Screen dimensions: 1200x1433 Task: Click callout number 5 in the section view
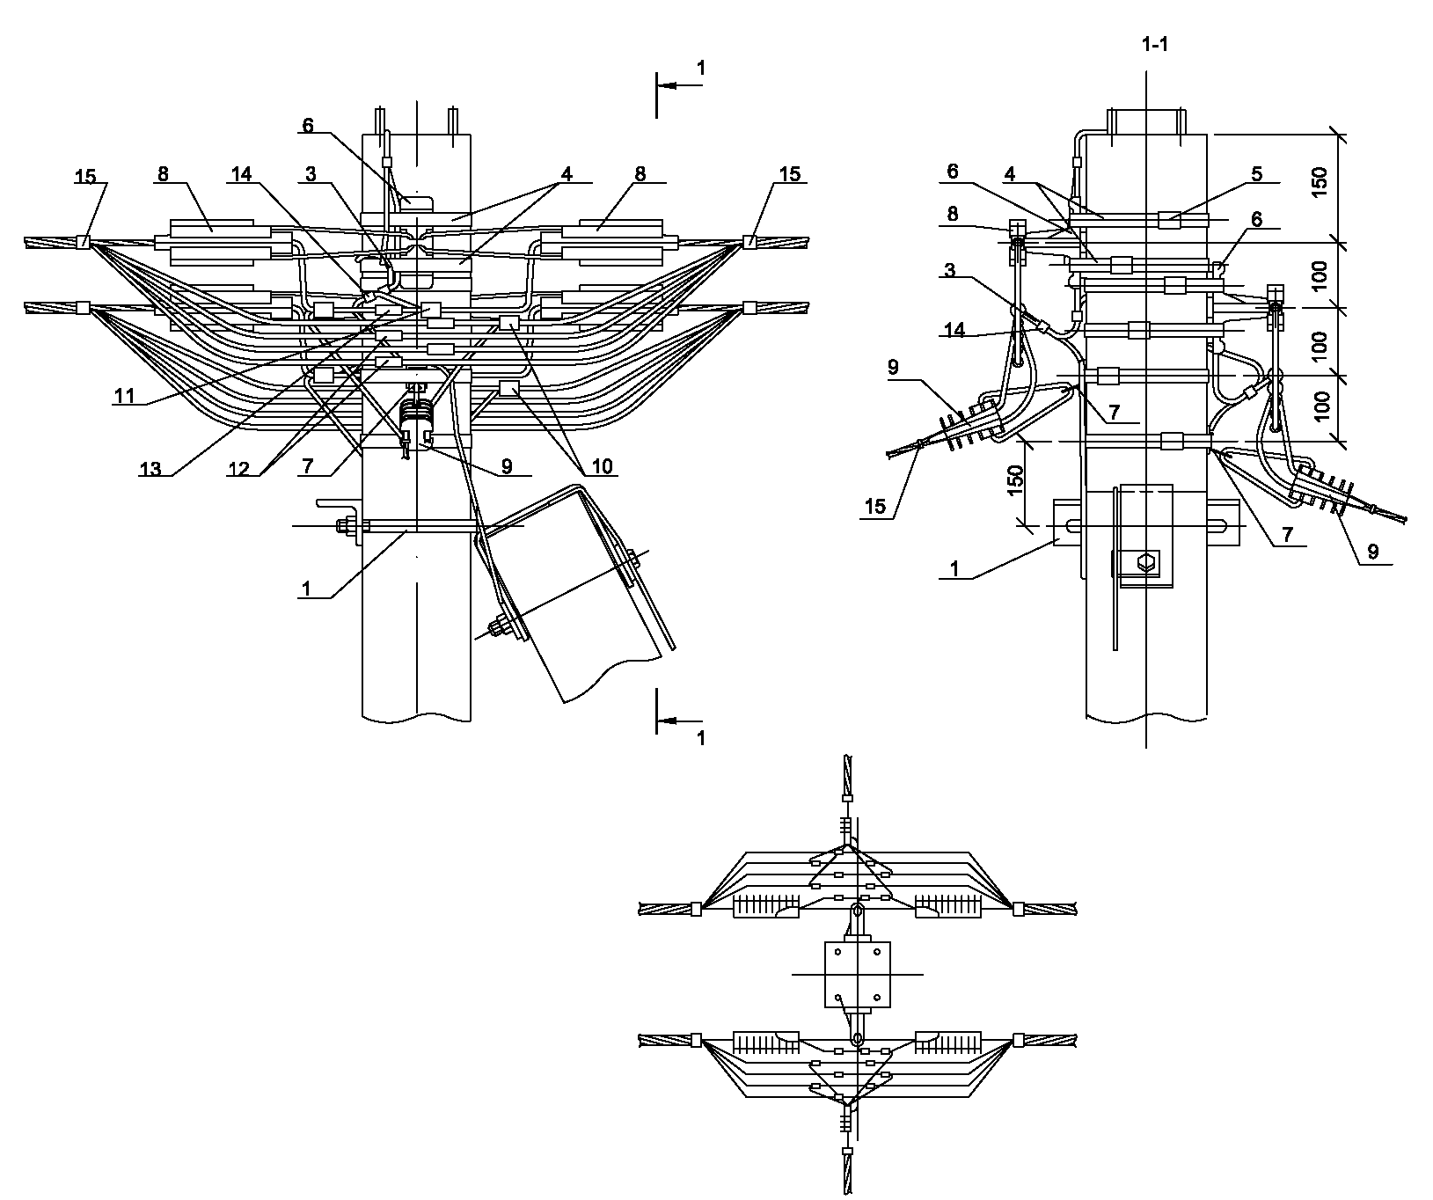pos(1257,173)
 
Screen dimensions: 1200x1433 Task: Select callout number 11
pos(124,396)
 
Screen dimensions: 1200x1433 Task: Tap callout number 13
pos(150,469)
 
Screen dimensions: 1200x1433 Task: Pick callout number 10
pos(603,467)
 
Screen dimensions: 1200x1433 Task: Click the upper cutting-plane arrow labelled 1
pos(682,85)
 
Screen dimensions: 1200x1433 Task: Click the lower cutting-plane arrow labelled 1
pos(682,721)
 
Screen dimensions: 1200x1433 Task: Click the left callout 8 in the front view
pos(163,174)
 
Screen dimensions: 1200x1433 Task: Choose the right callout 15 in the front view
pos(790,174)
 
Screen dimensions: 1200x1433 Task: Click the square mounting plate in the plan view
pos(857,974)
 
